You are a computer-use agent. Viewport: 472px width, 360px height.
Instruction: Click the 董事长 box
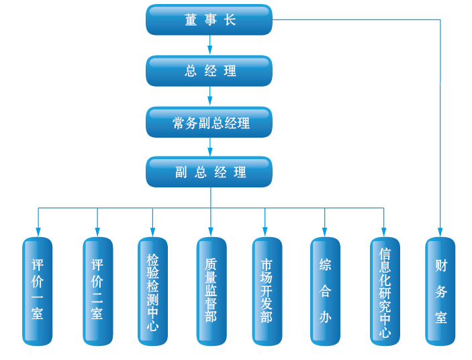coord(209,19)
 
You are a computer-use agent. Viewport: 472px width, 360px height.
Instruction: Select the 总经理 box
coord(209,71)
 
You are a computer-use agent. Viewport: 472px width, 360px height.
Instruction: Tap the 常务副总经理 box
coord(209,122)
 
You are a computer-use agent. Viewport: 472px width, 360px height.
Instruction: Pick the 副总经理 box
coord(209,172)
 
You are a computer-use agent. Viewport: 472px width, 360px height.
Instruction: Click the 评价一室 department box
coord(38,291)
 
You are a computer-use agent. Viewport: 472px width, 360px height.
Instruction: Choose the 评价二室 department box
coord(97,291)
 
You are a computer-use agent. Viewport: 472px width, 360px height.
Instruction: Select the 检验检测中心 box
coord(152,291)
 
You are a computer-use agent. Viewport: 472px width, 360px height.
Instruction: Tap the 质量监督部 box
coord(211,291)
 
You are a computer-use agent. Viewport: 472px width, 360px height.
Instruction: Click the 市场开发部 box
coord(267,291)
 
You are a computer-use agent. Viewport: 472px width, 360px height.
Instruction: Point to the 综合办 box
coord(325,291)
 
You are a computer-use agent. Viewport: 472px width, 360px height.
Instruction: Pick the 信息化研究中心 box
coord(385,291)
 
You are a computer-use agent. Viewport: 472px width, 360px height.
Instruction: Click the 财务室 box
coord(440,291)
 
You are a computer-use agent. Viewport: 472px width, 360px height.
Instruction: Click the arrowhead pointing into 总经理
coord(209,50)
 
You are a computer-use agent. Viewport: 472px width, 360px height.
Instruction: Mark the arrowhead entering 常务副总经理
coord(209,102)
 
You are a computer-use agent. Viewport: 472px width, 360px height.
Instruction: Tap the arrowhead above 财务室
coord(440,232)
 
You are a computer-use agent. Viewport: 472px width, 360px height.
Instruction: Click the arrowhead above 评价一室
coord(38,232)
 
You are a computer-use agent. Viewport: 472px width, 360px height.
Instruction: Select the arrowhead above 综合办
coord(325,232)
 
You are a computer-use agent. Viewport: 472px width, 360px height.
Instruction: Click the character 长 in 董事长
coord(230,20)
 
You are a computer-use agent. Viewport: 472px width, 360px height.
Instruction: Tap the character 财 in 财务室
coord(440,265)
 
